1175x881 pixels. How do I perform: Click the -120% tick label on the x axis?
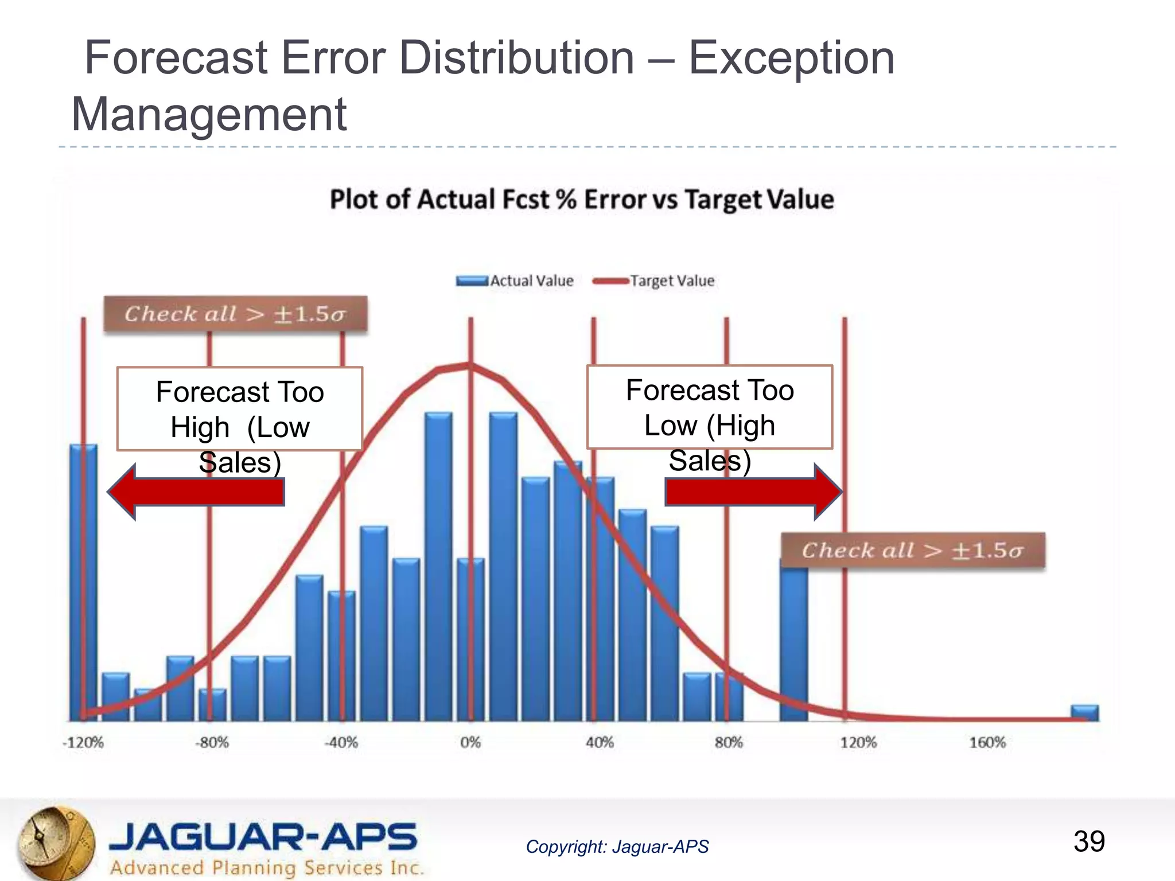coord(83,743)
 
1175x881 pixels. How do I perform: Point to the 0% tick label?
coord(470,743)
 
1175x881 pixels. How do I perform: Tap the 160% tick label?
coord(987,743)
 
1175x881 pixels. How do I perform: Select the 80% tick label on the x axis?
coord(729,743)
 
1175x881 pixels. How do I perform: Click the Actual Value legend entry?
coord(516,281)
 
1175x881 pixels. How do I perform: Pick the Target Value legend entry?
coord(655,281)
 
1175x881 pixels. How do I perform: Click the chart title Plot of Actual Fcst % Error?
coord(582,200)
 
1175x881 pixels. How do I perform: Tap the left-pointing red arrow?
coord(196,492)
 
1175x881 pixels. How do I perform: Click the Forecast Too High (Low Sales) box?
coord(240,409)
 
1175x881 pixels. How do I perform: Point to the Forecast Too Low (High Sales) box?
coord(710,407)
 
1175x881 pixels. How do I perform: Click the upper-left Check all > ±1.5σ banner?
coord(235,314)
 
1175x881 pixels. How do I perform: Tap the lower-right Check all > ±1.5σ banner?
coord(913,551)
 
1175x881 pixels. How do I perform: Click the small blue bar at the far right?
coord(1085,713)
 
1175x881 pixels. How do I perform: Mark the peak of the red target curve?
coord(470,365)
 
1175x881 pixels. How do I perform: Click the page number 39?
coord(1089,841)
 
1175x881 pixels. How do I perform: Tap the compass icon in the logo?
coord(55,842)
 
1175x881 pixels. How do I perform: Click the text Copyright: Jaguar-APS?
coord(617,847)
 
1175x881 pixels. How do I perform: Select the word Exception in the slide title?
coord(791,58)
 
